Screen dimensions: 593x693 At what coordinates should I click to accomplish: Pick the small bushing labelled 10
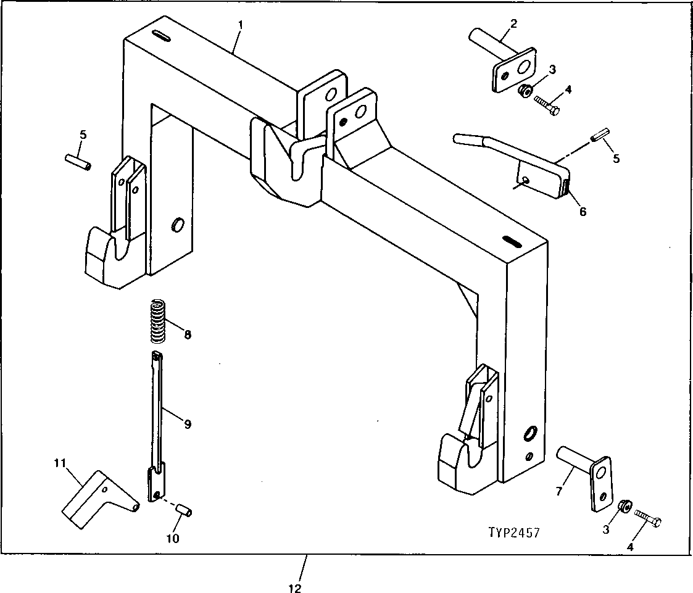pyautogui.click(x=183, y=510)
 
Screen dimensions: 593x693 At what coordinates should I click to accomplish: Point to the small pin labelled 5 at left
pyautogui.click(x=78, y=161)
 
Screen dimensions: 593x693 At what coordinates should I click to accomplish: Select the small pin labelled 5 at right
pyautogui.click(x=599, y=135)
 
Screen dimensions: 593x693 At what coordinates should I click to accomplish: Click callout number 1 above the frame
pyautogui.click(x=241, y=25)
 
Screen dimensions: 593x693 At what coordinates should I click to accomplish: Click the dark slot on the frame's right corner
pyautogui.click(x=511, y=239)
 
